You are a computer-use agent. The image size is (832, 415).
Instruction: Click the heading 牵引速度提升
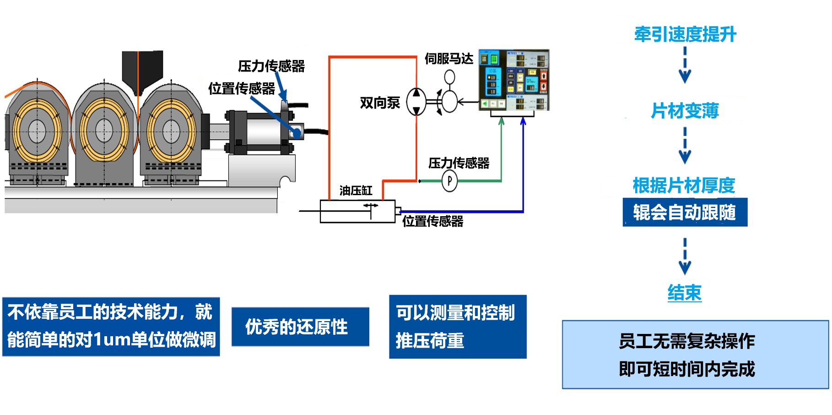pos(685,34)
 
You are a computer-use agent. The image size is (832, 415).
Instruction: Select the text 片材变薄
pos(685,110)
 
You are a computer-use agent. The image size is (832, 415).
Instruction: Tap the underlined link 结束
pos(684,293)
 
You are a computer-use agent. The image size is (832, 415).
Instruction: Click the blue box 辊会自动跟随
pos(685,212)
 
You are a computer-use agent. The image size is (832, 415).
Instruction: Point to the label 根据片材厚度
pos(684,186)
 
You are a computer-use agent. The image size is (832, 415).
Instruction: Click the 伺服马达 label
pos(448,59)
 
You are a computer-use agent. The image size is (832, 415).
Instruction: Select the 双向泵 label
pos(380,103)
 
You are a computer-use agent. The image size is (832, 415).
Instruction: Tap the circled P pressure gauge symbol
pos(449,181)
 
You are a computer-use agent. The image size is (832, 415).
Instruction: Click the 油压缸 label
pos(356,191)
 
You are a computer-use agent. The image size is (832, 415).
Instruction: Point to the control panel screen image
pos(513,80)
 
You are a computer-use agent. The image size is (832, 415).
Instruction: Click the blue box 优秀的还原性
pos(300,327)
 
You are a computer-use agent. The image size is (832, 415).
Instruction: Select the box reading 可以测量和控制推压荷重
pos(458,327)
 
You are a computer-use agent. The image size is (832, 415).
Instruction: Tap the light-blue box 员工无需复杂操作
pos(695,355)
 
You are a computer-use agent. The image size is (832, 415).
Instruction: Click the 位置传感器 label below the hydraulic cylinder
pos(432,221)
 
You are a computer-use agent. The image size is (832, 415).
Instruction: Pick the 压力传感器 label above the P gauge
pos(459,163)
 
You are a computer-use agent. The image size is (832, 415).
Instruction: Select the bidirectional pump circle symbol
pos(416,101)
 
